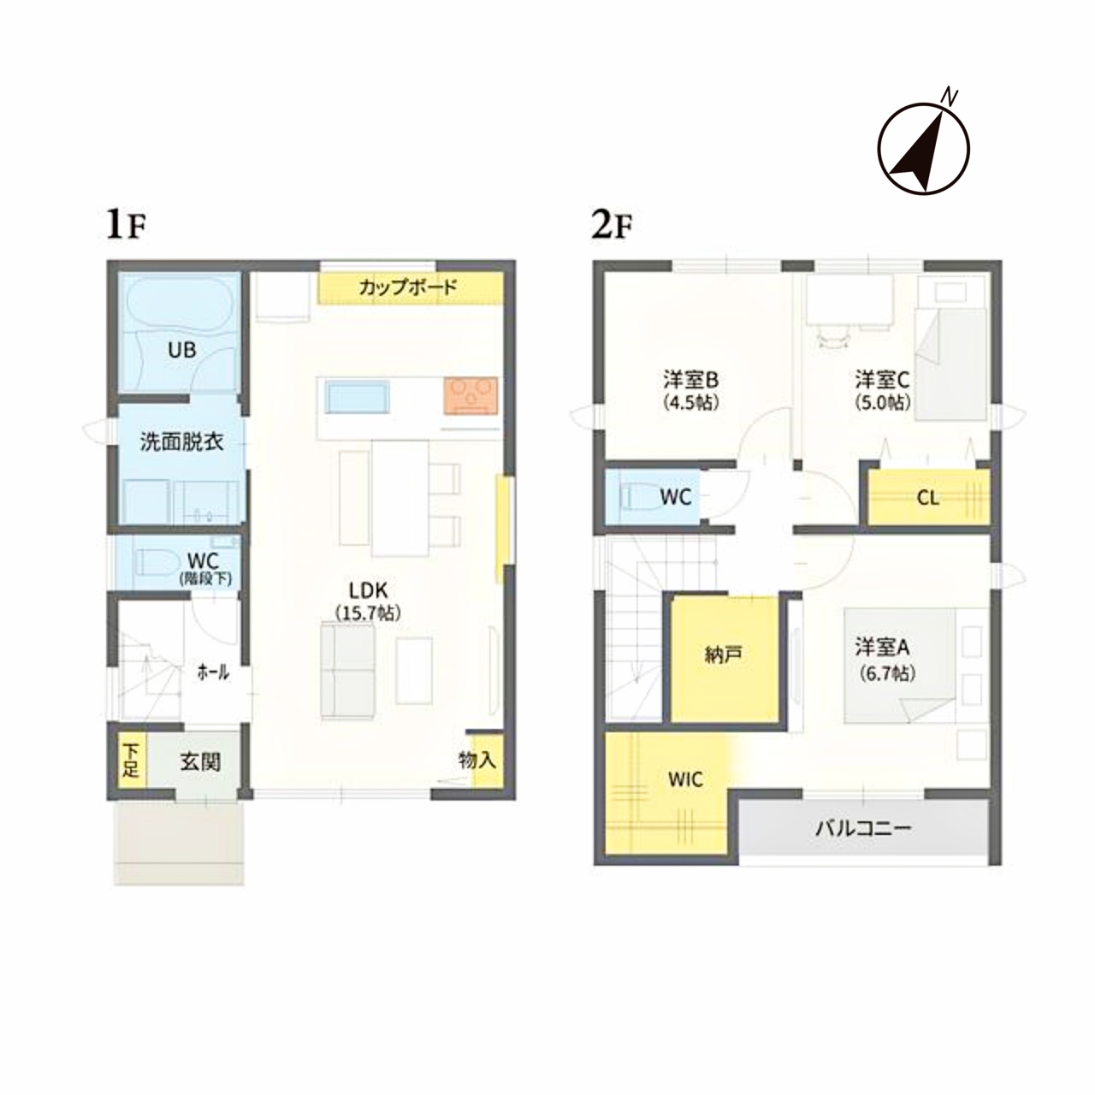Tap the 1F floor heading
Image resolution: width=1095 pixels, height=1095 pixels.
point(126,227)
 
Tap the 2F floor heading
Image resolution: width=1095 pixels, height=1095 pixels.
point(612,227)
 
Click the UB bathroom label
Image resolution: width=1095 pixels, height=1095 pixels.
point(182,350)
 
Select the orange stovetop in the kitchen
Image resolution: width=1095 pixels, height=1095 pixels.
point(471,396)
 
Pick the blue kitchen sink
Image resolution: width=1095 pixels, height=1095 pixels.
point(358,397)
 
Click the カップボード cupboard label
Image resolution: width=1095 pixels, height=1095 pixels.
point(407,287)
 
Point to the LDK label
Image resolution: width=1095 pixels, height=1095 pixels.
point(368,590)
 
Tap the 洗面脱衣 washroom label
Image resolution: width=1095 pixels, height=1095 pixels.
point(182,442)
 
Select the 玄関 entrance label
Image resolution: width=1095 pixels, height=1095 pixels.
point(200,762)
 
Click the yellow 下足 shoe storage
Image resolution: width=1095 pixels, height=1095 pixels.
point(132,761)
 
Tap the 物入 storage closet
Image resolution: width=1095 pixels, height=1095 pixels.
point(487,761)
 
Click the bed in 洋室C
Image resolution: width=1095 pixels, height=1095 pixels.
point(950,364)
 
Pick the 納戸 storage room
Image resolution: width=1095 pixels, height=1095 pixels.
point(725,660)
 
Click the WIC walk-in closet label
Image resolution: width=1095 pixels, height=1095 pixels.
point(685,779)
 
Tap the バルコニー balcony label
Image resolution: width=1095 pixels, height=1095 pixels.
point(863,829)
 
